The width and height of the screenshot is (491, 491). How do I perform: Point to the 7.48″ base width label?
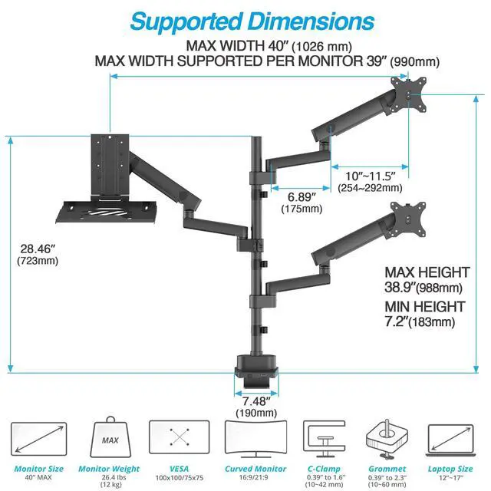[x=256, y=401]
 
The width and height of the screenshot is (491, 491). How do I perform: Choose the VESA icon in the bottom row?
[x=179, y=440]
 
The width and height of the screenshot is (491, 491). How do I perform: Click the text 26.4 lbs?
[x=109, y=477]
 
